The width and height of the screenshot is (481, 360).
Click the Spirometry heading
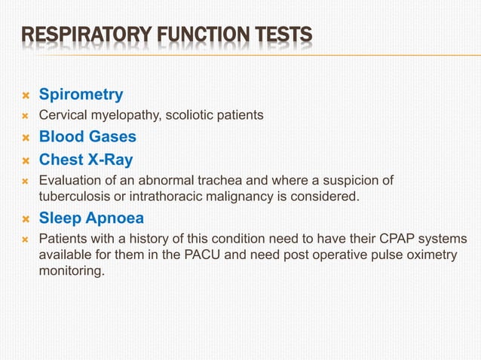coord(81,96)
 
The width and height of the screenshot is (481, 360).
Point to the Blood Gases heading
coord(87,137)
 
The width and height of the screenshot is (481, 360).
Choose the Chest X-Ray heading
coord(85,160)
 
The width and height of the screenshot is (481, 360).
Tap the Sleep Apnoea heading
coord(91,218)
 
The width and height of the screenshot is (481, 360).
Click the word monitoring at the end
coord(72,271)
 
